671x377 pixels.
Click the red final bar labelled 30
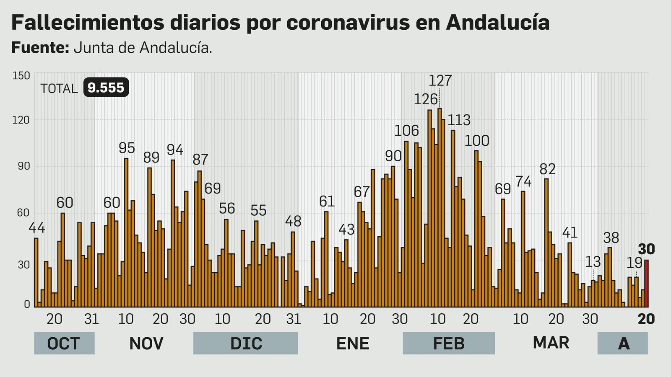point(647,284)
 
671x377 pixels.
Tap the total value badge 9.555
point(106,88)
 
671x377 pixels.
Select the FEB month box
point(449,343)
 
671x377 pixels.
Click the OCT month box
point(64,343)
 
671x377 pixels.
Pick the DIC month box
point(246,343)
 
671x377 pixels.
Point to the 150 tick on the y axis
point(21,76)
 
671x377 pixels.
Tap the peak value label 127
point(440,80)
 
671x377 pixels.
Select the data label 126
point(426,99)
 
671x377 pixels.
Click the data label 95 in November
point(127,148)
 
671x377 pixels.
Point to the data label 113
point(459,120)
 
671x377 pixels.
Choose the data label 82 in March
point(547,169)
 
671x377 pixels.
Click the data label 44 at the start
point(37,228)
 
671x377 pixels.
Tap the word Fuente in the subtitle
point(40,48)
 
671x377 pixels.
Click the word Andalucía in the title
point(498,23)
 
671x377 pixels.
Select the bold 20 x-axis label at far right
point(646,319)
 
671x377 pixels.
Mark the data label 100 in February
point(477,141)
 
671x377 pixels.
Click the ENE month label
point(353,343)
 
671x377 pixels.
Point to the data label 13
point(593,262)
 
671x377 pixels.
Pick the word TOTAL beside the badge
point(59,89)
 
